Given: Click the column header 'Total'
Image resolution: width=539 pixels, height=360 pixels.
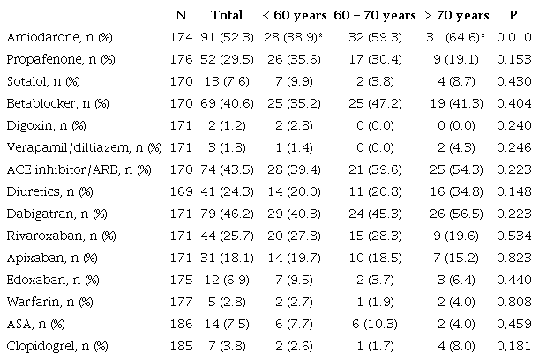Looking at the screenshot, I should [x=227, y=16].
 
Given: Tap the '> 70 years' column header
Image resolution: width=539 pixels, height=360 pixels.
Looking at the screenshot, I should [x=456, y=16].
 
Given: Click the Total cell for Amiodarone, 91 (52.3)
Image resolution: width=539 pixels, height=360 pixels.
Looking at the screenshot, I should [x=227, y=39].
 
